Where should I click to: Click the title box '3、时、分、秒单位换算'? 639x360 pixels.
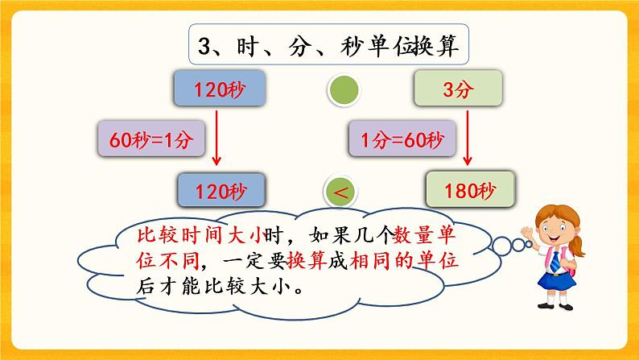pos(329,45)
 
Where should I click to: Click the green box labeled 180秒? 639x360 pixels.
pos(472,191)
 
